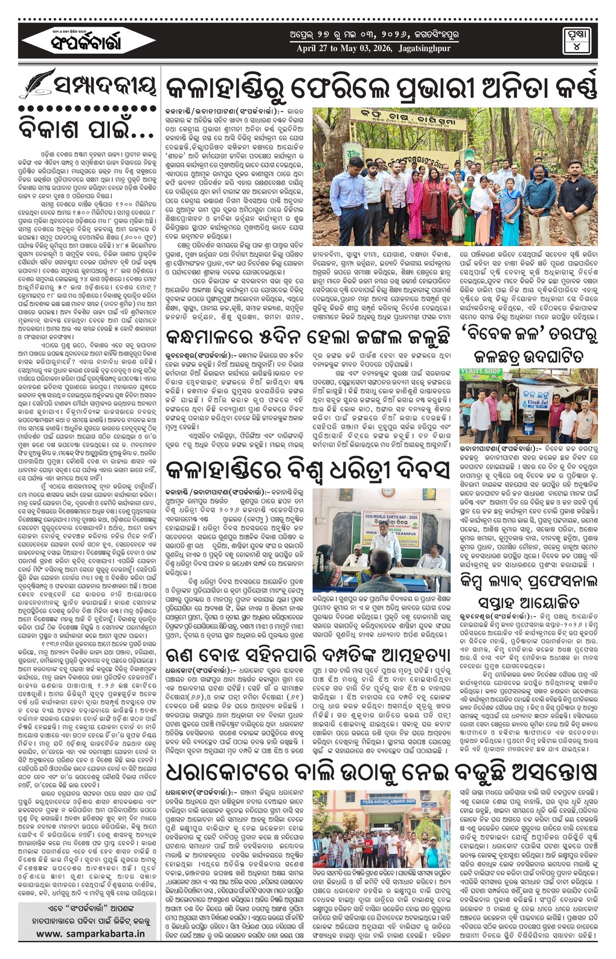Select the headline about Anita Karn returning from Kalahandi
[x=381, y=88]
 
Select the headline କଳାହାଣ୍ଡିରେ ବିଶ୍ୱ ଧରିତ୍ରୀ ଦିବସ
[x=308, y=468]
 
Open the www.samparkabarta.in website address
[x=90, y=933]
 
